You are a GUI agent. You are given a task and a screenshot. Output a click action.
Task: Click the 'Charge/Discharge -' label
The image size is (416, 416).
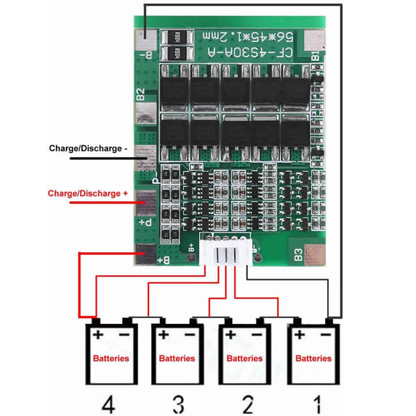tap(88, 148)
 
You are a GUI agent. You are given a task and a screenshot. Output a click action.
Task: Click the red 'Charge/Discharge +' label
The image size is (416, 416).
tap(84, 193)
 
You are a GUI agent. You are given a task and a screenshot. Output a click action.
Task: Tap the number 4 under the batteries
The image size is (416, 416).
tap(108, 404)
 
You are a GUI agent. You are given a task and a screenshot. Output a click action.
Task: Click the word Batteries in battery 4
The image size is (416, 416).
tap(111, 358)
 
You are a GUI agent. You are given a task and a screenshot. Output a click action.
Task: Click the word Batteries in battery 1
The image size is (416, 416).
tap(314, 358)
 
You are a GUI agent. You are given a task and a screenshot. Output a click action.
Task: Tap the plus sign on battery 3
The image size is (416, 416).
tap(164, 334)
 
